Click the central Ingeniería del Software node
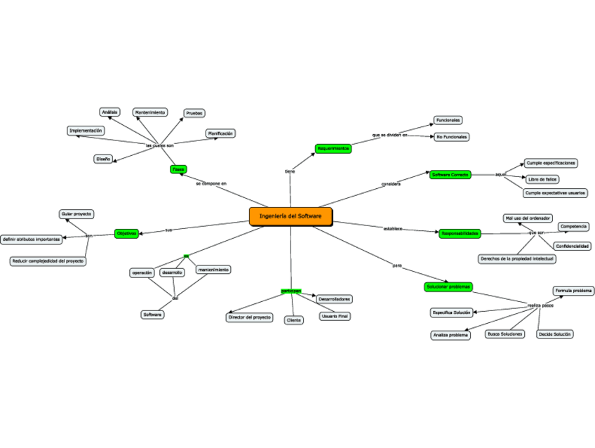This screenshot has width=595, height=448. [x=290, y=216]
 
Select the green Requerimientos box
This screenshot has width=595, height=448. [x=333, y=149]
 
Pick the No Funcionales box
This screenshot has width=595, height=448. [x=451, y=137]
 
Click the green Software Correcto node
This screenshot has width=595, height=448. [x=450, y=174]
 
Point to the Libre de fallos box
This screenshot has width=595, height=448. [x=542, y=179]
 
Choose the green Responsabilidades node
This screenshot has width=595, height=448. [x=460, y=232]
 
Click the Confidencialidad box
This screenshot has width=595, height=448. [x=572, y=246]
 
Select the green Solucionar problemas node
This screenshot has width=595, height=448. [x=449, y=286]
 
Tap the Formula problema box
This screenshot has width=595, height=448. [x=573, y=291]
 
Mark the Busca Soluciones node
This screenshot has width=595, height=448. [x=505, y=334]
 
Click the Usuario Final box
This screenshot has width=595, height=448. [x=335, y=317]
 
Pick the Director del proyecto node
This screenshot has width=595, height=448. [x=249, y=317]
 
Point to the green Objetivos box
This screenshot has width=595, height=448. [x=127, y=233]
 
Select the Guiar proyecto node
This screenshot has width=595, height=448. [x=76, y=213]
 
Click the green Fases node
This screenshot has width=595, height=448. [x=178, y=169]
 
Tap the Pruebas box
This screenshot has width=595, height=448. [x=194, y=113]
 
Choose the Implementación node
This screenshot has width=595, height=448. [x=86, y=131]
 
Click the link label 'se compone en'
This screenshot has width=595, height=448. [x=211, y=183]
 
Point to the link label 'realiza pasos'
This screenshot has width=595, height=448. [x=540, y=305]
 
